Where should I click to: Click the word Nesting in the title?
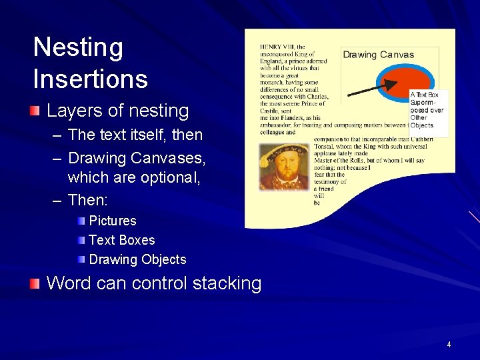(78, 48)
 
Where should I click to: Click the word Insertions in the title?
(90, 79)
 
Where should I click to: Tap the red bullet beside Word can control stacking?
(35, 283)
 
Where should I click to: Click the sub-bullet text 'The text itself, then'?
(135, 135)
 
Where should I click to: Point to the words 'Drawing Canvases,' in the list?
(137, 159)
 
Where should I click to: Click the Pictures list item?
(112, 221)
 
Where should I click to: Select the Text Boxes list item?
(121, 240)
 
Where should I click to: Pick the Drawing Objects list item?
(137, 259)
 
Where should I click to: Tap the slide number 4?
(449, 345)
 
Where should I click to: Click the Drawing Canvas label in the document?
(378, 55)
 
